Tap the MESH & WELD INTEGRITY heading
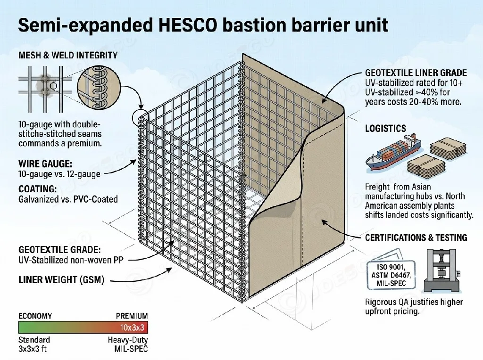(68, 56)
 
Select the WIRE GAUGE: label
(45, 164)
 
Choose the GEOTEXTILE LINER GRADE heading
(416, 73)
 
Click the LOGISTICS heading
(385, 128)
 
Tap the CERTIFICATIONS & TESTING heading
(416, 237)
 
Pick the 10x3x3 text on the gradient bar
(133, 327)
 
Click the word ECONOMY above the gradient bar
(35, 316)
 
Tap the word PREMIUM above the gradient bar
(132, 316)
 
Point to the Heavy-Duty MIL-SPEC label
(129, 344)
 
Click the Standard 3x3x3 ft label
(34, 344)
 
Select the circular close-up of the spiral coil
(97, 87)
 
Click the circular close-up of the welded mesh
(45, 87)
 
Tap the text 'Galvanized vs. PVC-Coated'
(68, 199)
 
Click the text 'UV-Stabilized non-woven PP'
(71, 260)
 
